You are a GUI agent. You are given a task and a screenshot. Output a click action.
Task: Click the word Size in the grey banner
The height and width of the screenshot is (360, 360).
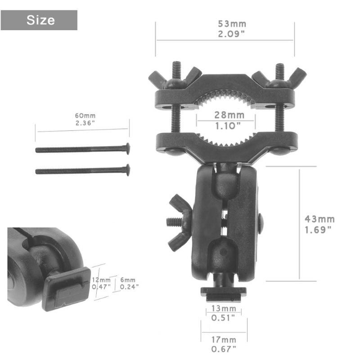40,20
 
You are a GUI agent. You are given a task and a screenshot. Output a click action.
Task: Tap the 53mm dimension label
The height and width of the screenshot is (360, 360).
232,24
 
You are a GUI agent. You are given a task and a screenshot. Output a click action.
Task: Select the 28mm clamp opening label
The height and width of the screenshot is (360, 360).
229,115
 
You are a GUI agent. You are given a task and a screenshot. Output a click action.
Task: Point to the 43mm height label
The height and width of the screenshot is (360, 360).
319,219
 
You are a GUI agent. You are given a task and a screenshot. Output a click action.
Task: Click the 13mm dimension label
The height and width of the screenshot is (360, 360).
224,308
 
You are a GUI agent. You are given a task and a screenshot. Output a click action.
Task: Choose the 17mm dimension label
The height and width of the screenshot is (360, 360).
224,340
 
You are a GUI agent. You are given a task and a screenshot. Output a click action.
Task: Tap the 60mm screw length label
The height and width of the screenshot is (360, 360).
85,116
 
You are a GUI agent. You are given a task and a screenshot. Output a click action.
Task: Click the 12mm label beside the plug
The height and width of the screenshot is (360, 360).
101,280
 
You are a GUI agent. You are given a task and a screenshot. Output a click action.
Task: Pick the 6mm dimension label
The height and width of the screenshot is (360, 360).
128,280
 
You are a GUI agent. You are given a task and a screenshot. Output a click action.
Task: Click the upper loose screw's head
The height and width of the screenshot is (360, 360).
128,148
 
